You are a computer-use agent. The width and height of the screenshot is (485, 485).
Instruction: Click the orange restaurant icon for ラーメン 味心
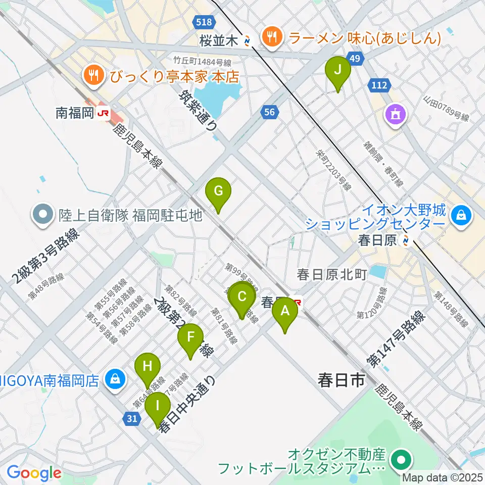pos(272,36)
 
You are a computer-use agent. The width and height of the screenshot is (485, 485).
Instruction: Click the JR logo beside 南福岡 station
pos(103,113)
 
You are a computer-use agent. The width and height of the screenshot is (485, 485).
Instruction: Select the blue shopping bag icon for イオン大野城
pos(461,216)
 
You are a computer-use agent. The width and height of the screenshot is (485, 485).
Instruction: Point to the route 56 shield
pos(269,112)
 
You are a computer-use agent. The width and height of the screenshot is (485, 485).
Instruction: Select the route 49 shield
pos(355,60)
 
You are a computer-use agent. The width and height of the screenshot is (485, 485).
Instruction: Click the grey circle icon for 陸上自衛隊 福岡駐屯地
pos(43,216)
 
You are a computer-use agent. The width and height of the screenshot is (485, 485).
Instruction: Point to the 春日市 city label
pos(341,380)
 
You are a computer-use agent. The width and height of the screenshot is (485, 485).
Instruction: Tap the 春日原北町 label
pos(331,274)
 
